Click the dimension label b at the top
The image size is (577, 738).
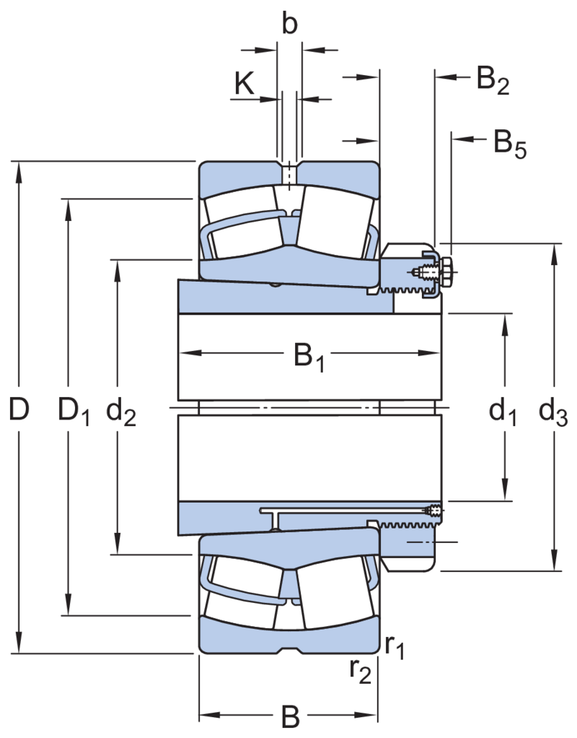click(290, 24)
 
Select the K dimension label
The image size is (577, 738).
click(244, 84)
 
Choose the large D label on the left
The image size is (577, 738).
click(19, 409)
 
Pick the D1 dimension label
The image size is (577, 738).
click(74, 411)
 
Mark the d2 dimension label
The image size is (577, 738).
click(121, 411)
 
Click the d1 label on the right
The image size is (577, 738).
click(502, 411)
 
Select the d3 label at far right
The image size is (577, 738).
click(553, 411)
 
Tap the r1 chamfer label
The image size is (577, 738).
click(395, 646)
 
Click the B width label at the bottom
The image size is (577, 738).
click(290, 716)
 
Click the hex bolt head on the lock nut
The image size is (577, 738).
click(446, 272)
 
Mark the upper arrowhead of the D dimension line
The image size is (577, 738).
click(19, 173)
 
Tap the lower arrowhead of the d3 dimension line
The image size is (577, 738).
click(555, 560)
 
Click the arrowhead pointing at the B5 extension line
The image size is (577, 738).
click(462, 139)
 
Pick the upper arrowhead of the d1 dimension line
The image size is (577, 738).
click(505, 325)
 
